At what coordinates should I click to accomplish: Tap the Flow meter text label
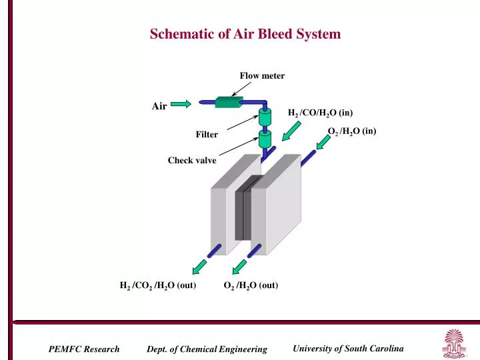pos(262,76)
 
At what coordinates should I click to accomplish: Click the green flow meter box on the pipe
pos(228,102)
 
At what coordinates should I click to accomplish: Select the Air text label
pos(159,105)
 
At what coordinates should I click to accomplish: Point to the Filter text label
pos(207,135)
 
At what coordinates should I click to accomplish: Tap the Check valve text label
pos(192,160)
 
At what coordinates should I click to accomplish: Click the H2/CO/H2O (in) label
pos(320,113)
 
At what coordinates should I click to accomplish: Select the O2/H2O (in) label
pos(352,131)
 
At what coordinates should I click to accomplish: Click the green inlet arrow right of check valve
pos(291,135)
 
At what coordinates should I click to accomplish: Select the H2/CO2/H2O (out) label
pos(157,286)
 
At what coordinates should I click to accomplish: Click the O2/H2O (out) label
pos(251,286)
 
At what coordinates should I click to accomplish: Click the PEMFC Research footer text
pos(84,349)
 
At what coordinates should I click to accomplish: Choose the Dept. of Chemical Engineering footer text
pos(207,349)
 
